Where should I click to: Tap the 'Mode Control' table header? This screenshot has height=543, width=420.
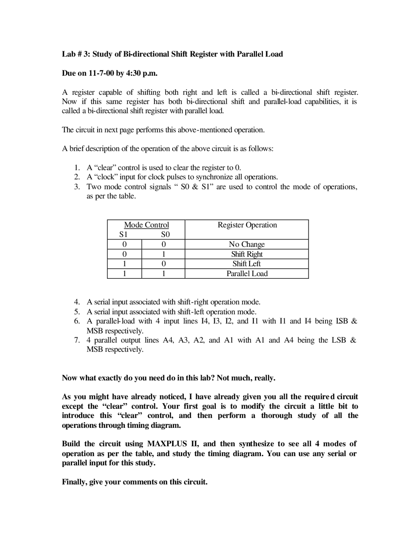click(x=146, y=225)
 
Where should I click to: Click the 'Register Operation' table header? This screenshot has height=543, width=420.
click(x=247, y=225)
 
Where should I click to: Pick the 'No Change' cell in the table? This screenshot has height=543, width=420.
click(x=247, y=244)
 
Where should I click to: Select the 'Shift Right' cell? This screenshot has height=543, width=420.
click(x=247, y=254)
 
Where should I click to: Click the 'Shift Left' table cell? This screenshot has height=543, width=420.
click(x=247, y=264)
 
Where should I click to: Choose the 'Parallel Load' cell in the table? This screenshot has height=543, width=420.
click(x=247, y=273)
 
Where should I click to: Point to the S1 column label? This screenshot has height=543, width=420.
click(x=123, y=234)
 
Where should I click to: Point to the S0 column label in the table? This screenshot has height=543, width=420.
click(x=165, y=234)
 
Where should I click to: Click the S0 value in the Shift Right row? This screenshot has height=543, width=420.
click(x=163, y=254)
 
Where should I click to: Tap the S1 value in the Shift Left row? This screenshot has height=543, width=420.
click(x=124, y=264)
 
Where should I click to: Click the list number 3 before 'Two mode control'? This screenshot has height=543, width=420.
click(x=77, y=187)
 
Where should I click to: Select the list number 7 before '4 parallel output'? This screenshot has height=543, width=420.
click(x=77, y=340)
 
